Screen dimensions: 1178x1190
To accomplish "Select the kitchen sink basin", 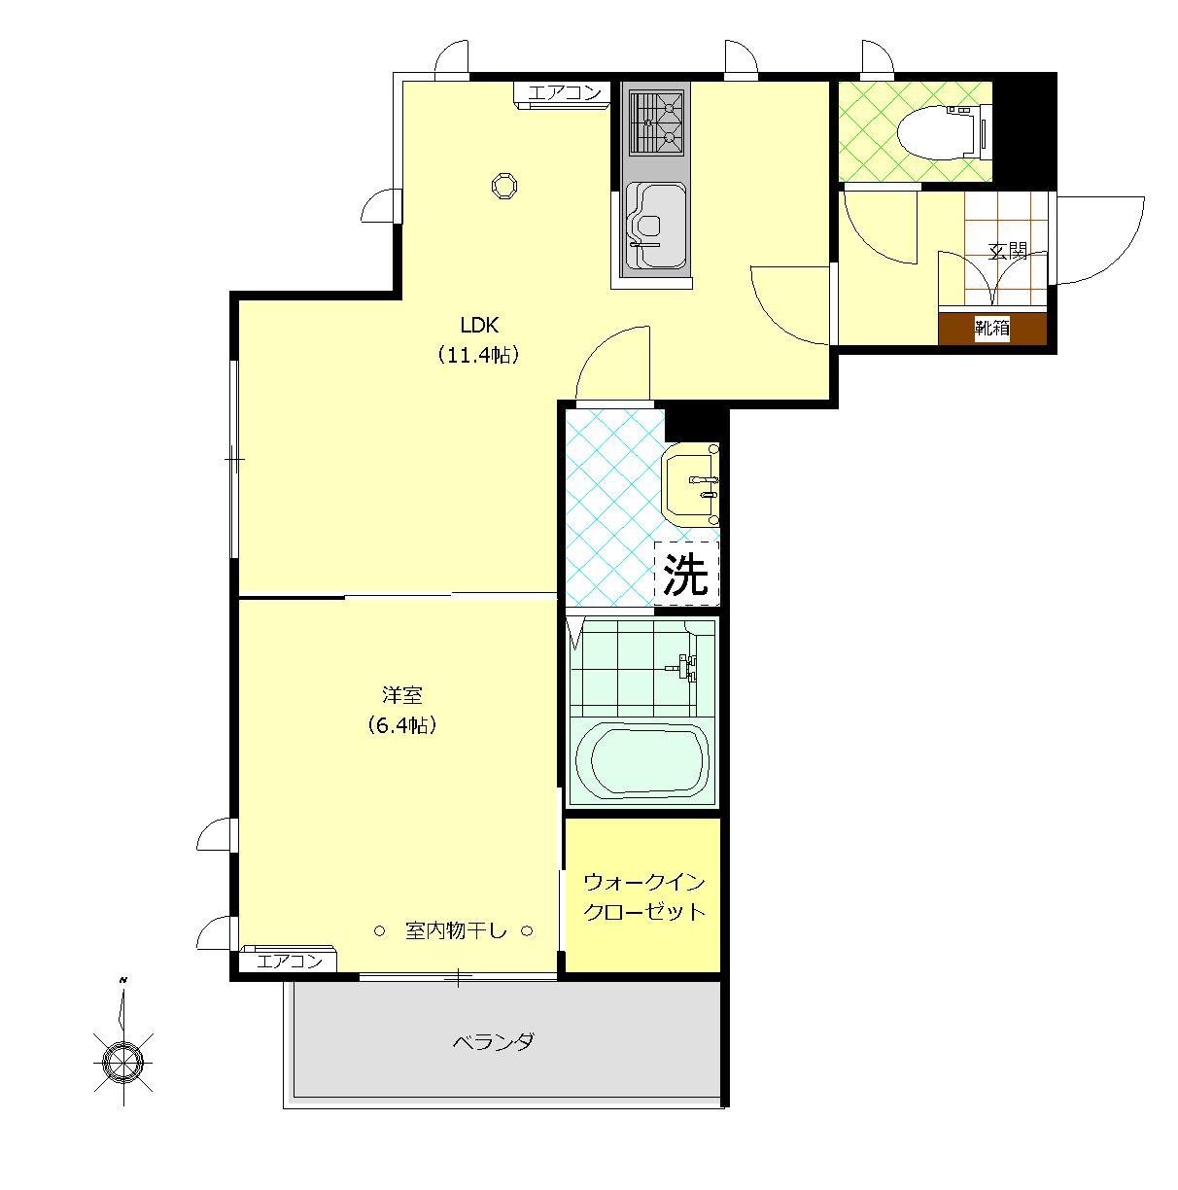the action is click(656, 227).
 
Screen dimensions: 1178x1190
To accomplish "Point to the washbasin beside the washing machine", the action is click(690, 484).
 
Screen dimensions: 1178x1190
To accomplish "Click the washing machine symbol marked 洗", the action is click(685, 573).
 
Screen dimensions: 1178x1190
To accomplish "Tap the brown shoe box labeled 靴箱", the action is click(991, 329).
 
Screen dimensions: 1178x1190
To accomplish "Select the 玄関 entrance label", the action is click(1008, 252).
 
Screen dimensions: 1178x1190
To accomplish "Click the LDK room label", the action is click(479, 324).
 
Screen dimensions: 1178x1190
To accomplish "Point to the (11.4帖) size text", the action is click(478, 355).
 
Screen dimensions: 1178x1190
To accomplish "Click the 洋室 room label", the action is click(402, 695).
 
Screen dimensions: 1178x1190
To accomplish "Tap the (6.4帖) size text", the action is click(402, 725).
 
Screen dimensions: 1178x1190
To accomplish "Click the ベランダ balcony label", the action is click(494, 1042).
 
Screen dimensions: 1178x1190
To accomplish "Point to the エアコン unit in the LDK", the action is click(562, 94).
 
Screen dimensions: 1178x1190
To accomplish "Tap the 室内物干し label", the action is click(456, 930).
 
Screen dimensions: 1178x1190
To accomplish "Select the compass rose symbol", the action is click(123, 1062).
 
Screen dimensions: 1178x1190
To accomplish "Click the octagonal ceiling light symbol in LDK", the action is click(503, 186).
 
